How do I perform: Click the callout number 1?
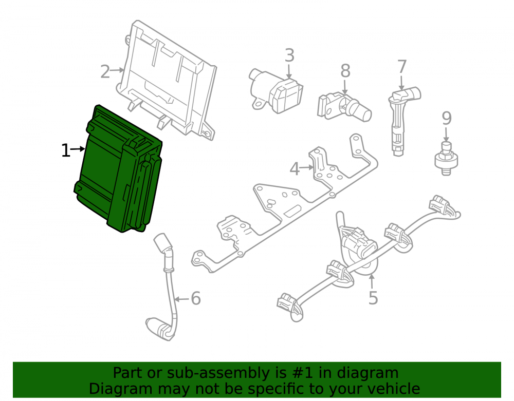(x=66, y=150)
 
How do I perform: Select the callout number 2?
(x=105, y=72)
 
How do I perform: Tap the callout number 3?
(x=289, y=55)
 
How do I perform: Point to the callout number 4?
(x=295, y=169)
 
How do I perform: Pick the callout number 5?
(x=373, y=298)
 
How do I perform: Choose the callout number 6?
(x=196, y=298)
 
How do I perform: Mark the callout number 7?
(x=402, y=67)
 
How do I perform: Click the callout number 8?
(x=345, y=71)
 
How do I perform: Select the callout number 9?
(x=447, y=118)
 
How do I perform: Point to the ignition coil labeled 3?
(x=276, y=91)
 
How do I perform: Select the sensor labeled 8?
(x=344, y=106)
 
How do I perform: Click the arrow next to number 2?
(x=117, y=70)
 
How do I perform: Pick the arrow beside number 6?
(x=181, y=299)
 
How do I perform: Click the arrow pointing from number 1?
(x=78, y=149)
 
